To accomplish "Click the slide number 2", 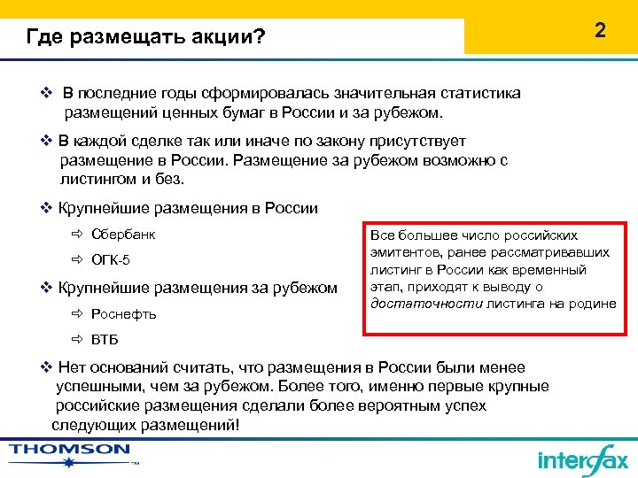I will (600, 31).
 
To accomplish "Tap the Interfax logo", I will (582, 459).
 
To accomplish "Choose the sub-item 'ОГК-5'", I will (111, 260).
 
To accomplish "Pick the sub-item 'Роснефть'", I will (124, 313).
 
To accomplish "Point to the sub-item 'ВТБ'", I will (105, 340).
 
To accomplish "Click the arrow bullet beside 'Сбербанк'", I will (77, 235).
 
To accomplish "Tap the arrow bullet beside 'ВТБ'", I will (77, 340).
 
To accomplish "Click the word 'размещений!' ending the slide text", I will (188, 425).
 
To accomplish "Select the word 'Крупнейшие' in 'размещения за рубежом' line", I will (105, 287).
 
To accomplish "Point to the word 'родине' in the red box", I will (594, 304).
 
